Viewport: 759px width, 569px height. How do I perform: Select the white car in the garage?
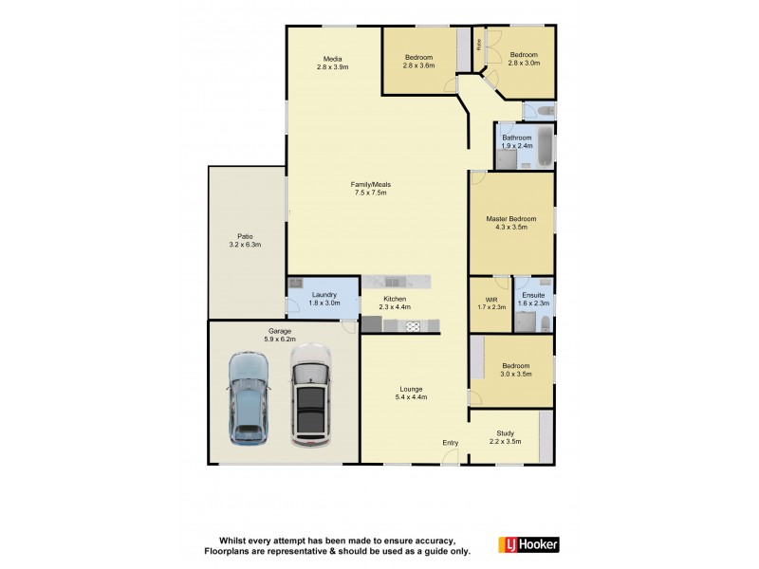click(310, 395)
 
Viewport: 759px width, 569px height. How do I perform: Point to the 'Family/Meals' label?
click(370, 184)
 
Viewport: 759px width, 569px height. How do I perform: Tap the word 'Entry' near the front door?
click(450, 443)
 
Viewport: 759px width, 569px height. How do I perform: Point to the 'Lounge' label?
click(411, 389)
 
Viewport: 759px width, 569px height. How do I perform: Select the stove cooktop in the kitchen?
click(415, 326)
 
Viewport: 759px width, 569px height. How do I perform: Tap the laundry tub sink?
click(295, 283)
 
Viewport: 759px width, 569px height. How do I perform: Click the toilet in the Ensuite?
click(546, 323)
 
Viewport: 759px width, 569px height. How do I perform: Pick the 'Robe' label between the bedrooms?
click(480, 43)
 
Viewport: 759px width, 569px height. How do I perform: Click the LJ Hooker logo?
click(528, 544)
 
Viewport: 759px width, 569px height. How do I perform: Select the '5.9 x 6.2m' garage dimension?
click(280, 339)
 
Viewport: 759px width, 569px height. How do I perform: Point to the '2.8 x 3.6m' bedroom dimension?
click(418, 65)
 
